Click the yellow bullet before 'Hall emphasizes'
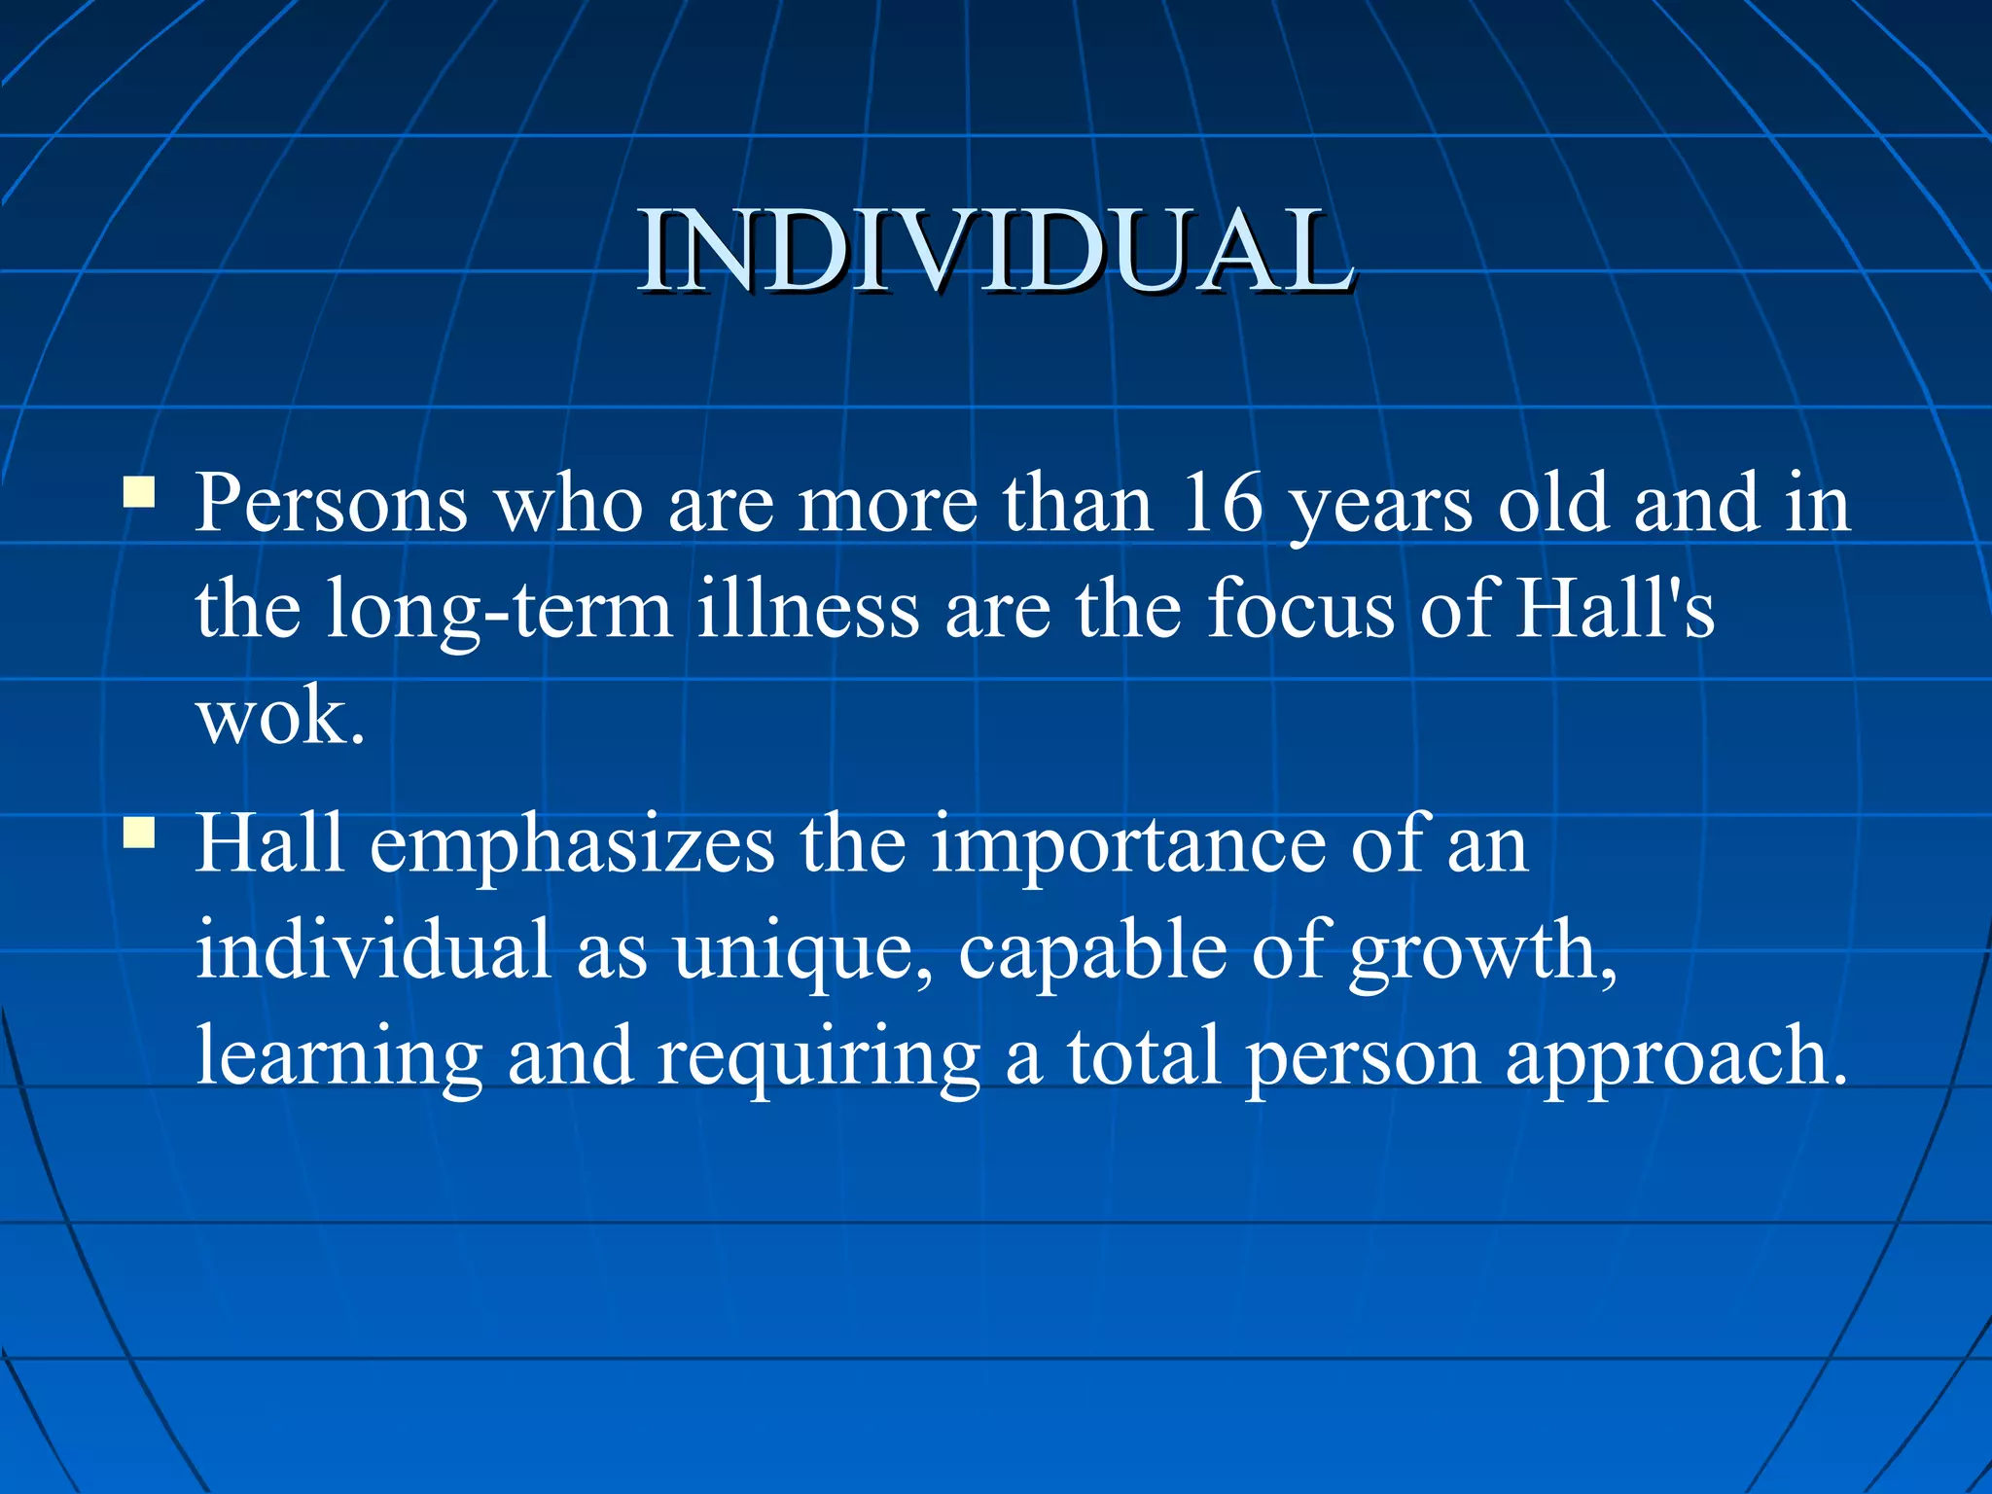tap(139, 833)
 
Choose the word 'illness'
tap(808, 609)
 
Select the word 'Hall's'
tap(1616, 609)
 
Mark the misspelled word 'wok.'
tap(281, 718)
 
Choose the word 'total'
tap(1144, 1056)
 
